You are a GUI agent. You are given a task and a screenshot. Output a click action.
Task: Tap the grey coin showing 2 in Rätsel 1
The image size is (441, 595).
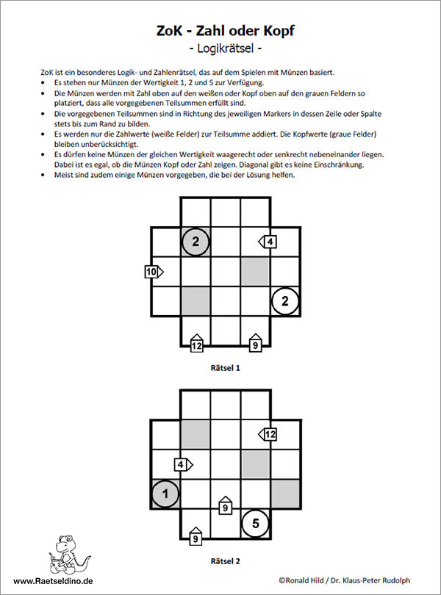tap(196, 242)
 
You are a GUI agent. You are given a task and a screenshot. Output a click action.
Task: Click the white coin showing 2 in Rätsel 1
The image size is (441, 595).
tap(285, 300)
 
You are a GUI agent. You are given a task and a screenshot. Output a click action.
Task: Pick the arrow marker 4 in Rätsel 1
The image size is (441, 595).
tap(268, 241)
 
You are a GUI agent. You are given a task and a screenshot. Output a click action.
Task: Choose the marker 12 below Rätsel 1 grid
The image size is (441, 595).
tap(196, 344)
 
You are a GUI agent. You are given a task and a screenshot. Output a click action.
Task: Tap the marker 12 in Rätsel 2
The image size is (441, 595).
tap(268, 434)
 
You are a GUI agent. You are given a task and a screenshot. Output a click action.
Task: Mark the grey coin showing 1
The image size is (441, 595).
tap(166, 494)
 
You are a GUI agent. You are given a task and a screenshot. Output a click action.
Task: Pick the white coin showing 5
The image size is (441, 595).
tap(255, 523)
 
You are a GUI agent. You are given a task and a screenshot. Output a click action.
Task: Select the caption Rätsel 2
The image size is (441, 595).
tap(226, 561)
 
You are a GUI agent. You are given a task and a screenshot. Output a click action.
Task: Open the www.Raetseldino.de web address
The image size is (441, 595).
tap(52, 580)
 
